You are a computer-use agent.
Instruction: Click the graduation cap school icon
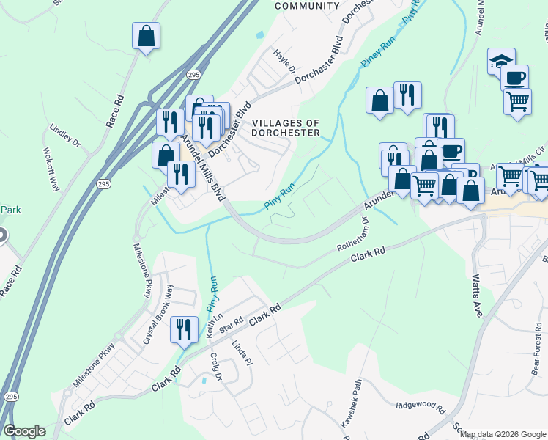click(x=501, y=60)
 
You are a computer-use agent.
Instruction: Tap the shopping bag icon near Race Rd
click(x=146, y=35)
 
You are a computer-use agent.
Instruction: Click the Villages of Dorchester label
click(x=286, y=128)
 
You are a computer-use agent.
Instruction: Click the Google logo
click(x=24, y=431)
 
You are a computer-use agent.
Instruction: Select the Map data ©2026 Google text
click(x=503, y=434)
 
